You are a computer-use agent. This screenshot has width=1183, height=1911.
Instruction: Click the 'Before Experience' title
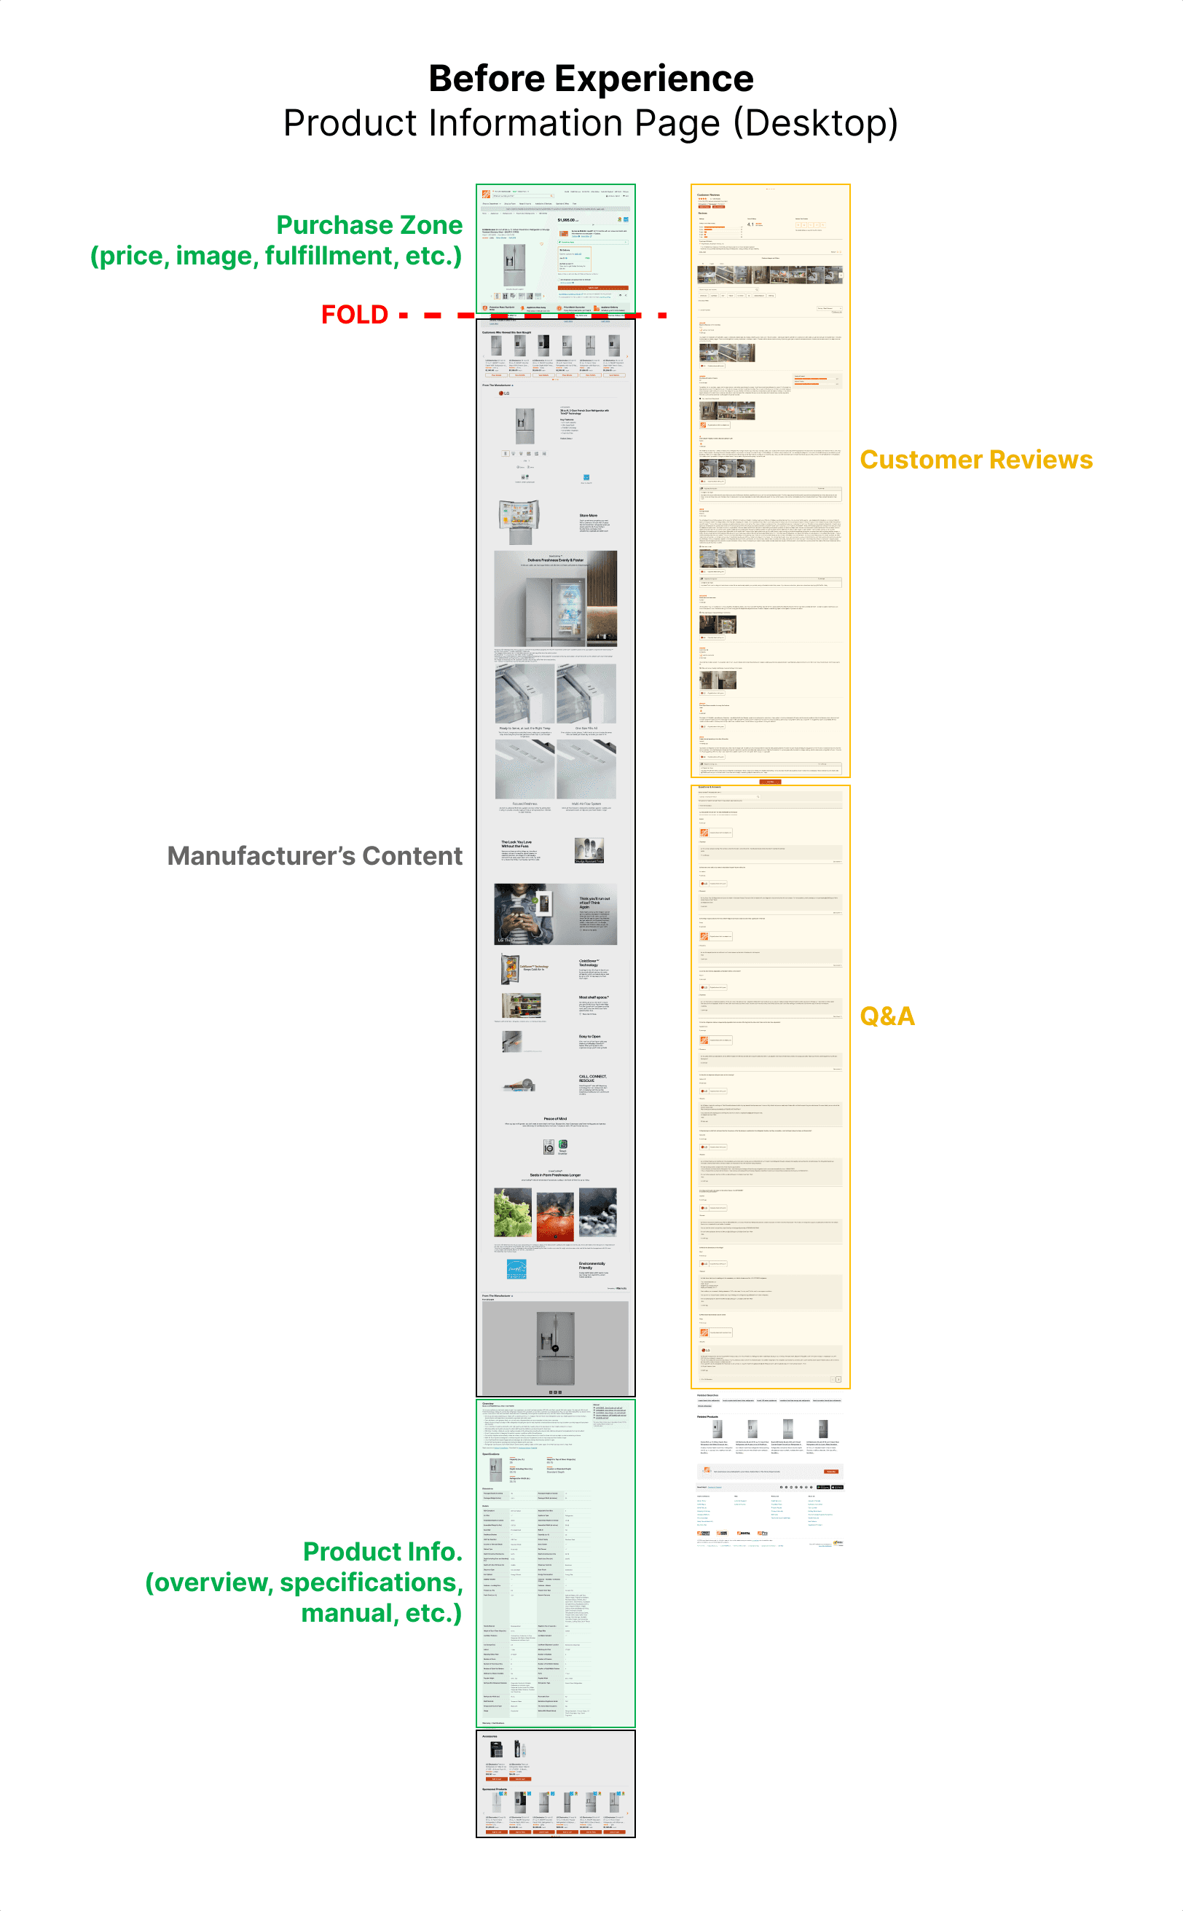tap(591, 79)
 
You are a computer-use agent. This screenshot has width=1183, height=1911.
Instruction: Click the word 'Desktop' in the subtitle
tap(814, 124)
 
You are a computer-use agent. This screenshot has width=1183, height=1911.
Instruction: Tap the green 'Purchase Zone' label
tap(369, 225)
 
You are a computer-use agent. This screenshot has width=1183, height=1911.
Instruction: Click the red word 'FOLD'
tap(355, 315)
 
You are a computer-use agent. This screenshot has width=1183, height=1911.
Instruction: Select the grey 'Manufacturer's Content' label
tap(315, 856)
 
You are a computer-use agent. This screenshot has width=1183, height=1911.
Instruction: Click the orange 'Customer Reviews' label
tap(975, 460)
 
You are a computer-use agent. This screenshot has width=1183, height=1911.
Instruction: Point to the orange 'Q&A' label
tap(887, 1016)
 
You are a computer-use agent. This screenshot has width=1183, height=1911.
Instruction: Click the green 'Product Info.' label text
tap(382, 1551)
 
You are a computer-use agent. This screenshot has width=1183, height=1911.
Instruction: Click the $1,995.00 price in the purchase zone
tap(567, 220)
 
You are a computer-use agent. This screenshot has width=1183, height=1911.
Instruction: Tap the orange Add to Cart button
tap(592, 288)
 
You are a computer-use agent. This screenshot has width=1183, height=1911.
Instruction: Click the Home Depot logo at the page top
tap(486, 193)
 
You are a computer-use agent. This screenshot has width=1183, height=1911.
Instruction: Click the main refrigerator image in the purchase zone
tap(514, 256)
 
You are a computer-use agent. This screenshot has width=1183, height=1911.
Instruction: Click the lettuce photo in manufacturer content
tap(513, 1213)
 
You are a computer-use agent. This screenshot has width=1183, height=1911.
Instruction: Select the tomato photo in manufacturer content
tap(555, 1213)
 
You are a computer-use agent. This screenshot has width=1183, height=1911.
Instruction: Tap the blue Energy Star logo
tap(516, 1268)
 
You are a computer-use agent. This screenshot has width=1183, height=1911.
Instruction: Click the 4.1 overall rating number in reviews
tap(750, 224)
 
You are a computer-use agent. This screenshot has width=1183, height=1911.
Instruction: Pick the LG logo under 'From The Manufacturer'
tap(504, 393)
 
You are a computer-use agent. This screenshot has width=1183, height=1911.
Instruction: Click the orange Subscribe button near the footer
tap(831, 1471)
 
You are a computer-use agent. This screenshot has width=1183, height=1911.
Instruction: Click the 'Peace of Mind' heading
tap(555, 1119)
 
